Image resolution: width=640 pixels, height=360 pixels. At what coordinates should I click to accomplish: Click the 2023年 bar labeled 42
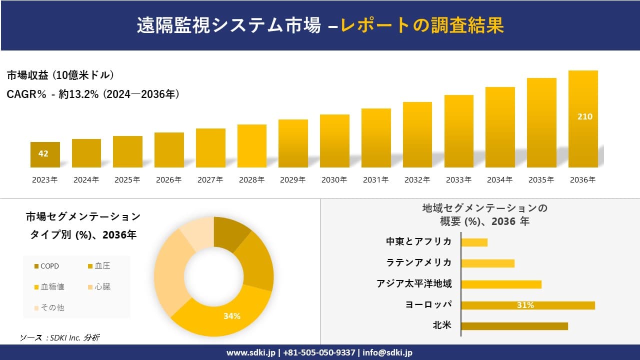coord(45,154)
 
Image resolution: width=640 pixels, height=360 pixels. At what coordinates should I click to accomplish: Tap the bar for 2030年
coord(334,141)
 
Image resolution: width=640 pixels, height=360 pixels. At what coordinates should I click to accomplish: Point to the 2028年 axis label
coord(251,180)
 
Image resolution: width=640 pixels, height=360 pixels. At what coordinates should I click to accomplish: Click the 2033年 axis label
coord(458,180)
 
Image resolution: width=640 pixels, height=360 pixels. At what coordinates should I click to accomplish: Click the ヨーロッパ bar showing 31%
coord(527,305)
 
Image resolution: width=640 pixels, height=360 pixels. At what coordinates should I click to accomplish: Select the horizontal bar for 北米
coord(514,326)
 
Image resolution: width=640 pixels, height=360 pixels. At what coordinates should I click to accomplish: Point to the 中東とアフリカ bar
coord(474,242)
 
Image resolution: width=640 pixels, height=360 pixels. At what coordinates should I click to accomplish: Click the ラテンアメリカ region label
coord(418,262)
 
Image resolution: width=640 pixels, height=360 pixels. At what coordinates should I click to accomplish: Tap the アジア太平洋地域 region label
coord(414,284)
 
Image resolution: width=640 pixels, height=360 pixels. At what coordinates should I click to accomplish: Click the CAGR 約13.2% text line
coord(93,94)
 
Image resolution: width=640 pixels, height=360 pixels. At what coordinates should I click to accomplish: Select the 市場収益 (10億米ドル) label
coord(60,75)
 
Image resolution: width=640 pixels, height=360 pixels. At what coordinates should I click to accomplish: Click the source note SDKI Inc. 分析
coord(59,338)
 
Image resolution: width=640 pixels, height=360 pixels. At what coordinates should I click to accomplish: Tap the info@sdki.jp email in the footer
coord(388,352)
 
